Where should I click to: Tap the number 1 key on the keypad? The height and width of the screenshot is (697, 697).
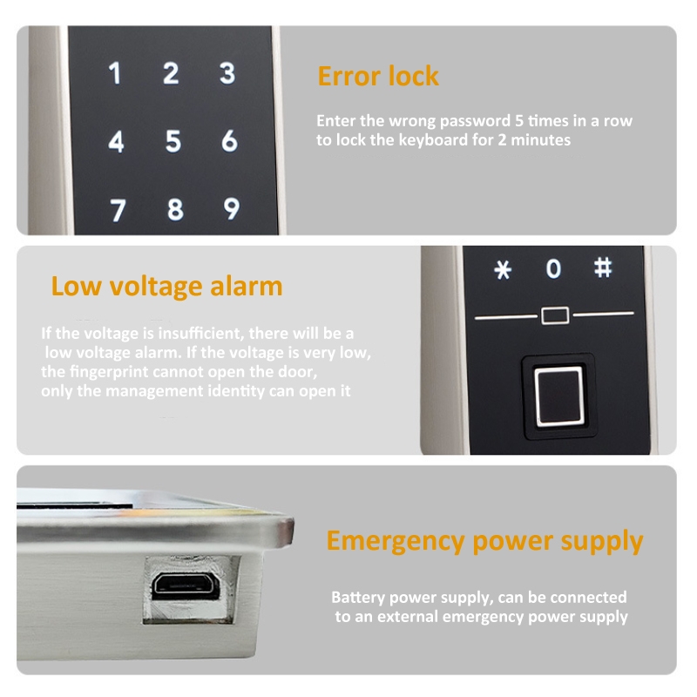coord(115,73)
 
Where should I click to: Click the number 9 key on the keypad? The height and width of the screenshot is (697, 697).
coord(232,208)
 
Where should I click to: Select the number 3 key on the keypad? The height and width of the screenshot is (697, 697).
coord(227,73)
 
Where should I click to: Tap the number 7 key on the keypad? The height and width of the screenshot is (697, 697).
coord(118,210)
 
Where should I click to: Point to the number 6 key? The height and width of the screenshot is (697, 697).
coord(229,141)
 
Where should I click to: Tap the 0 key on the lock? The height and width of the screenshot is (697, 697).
coord(553,268)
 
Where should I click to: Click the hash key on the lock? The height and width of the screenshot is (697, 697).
coord(603,268)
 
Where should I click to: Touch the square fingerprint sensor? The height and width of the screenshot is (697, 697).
coord(558,396)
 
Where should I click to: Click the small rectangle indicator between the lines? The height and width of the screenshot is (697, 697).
coord(555,315)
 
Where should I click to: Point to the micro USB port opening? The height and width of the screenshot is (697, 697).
coord(186,586)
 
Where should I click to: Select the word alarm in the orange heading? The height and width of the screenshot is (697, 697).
coord(246,286)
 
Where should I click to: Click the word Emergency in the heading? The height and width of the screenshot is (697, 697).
coord(396,542)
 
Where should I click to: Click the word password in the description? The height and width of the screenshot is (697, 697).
coord(475,121)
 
